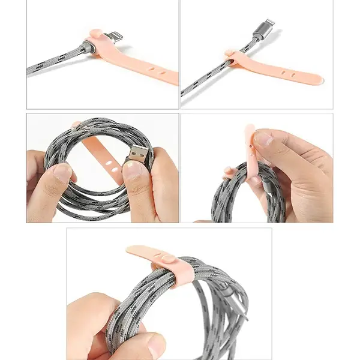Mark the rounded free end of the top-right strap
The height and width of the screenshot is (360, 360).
317,79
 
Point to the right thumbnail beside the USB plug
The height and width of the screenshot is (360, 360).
134,171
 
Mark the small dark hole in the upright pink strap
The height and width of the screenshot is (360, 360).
248,144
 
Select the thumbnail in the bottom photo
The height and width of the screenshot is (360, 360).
155,345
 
